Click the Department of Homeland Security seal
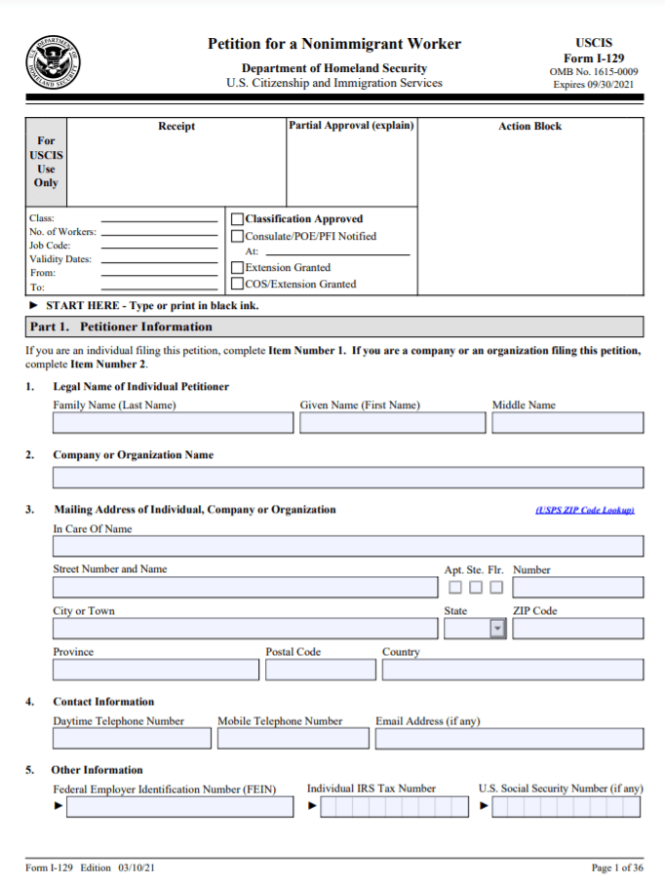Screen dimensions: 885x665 pos(53,63)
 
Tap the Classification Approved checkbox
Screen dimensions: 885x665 pos(237,219)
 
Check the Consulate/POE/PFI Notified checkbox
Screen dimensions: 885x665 pos(237,236)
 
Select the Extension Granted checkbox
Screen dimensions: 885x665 pos(237,267)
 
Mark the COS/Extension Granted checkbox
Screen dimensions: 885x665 pos(237,285)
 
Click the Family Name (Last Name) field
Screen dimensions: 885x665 pos(173,423)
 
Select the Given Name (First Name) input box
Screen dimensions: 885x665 pos(393,423)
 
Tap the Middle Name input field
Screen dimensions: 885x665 pos(567,423)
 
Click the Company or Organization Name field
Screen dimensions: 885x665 pos(348,478)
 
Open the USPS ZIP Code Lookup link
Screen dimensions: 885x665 pos(585,510)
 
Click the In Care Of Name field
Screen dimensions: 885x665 pos(348,546)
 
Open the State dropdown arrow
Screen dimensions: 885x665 pos(497,629)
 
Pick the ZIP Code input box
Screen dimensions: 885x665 pos(577,629)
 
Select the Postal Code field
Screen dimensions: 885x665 pos(320,670)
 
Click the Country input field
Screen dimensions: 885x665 pos(512,670)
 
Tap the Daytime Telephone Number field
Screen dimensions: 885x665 pos(132,738)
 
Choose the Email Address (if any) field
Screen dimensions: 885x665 pos(509,738)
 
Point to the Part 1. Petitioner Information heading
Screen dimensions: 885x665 pos(121,327)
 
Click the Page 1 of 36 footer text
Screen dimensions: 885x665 pos(617,867)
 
